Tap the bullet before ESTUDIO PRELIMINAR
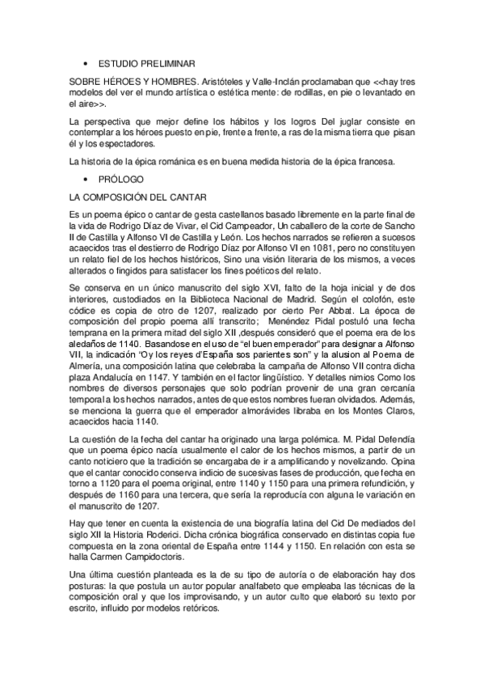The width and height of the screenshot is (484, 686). click(85, 62)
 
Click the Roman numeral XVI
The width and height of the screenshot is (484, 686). click(267, 290)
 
